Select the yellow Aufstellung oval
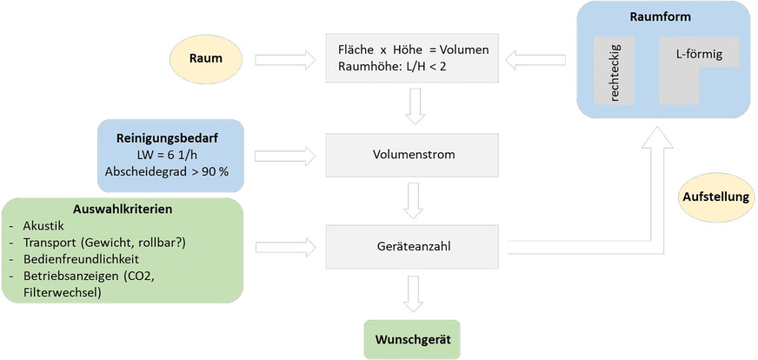715,197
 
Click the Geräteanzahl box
411,246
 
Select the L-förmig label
699,53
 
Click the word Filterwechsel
66,293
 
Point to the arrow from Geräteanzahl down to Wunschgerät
411,293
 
